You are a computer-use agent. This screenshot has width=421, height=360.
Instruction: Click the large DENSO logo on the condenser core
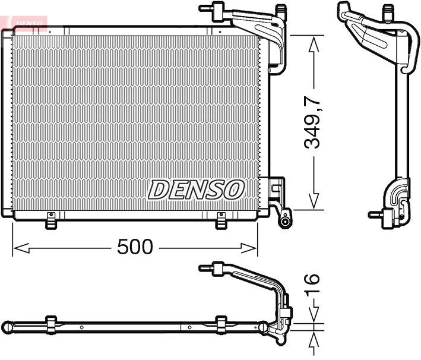196,190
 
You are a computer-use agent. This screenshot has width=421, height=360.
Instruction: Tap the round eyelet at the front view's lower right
286,222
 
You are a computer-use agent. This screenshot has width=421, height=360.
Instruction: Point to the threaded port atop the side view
389,9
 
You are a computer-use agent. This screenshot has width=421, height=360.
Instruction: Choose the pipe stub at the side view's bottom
376,214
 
